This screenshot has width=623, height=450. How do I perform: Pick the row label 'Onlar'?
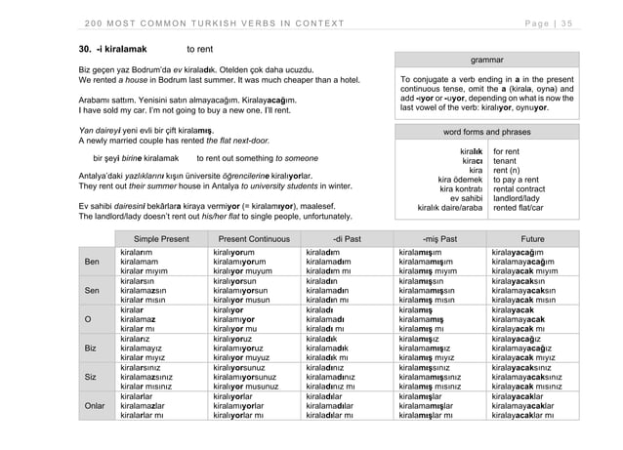click(94, 404)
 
